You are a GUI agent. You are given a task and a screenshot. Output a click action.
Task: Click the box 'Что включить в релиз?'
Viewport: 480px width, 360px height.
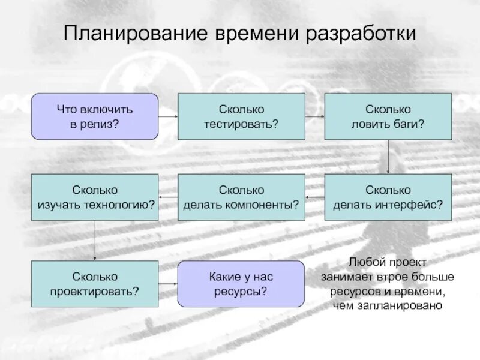[x=95, y=116]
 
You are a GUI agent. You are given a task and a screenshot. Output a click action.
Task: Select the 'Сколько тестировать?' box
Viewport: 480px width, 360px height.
[x=241, y=116]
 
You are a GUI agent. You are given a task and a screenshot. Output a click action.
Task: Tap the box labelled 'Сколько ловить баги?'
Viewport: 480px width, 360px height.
[x=388, y=116]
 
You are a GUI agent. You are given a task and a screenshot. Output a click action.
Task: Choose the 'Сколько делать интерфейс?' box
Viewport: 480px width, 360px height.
[x=388, y=197]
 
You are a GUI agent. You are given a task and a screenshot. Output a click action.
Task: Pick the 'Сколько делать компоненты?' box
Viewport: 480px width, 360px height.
[x=241, y=197]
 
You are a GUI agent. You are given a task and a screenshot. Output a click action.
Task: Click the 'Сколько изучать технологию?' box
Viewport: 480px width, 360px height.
[x=95, y=197]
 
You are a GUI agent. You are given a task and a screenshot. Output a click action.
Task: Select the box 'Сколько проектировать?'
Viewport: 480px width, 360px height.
[x=95, y=284]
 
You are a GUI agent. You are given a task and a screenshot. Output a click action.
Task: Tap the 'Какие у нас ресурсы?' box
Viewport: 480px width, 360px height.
[x=241, y=283]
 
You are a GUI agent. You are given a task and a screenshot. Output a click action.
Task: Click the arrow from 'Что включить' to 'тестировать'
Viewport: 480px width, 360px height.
[x=168, y=116]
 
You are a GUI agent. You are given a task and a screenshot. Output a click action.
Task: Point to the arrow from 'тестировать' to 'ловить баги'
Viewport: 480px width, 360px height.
[x=314, y=116]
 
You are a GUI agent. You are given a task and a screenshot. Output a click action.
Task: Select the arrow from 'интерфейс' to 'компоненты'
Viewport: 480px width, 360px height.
[x=314, y=197]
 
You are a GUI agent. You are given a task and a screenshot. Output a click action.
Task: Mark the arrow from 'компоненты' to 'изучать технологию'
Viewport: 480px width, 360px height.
[x=168, y=197]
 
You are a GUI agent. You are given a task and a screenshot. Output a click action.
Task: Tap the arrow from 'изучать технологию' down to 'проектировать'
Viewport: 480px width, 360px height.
[x=95, y=241]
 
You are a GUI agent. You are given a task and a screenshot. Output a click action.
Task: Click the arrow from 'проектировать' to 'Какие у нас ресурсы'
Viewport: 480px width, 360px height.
[x=168, y=284]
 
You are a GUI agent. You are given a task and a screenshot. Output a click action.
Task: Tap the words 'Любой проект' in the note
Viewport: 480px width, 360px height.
[x=388, y=262]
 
